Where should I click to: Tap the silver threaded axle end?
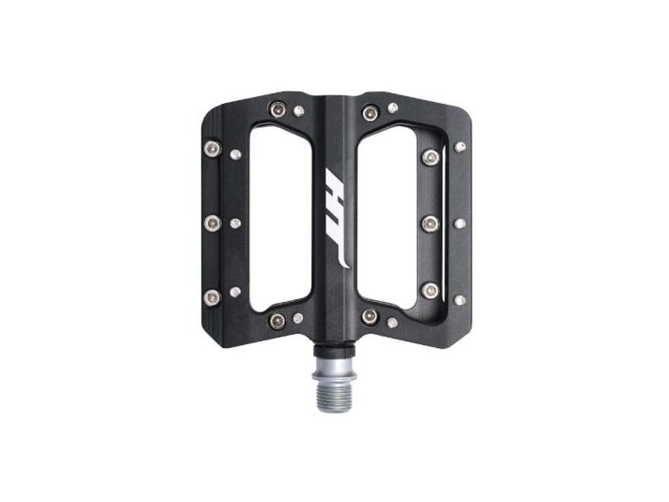[x=334, y=379]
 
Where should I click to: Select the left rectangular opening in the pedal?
[x=281, y=216]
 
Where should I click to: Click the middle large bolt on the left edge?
[x=213, y=222]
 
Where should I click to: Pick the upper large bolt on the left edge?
[x=212, y=149]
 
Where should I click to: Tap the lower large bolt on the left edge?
[x=212, y=297]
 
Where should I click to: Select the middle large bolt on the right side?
[x=430, y=223]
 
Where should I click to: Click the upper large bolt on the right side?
[x=430, y=157]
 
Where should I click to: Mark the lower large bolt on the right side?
[x=430, y=290]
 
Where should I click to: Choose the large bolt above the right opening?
[x=370, y=113]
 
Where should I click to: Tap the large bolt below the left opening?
[x=277, y=321]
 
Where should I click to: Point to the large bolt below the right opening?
[x=370, y=317]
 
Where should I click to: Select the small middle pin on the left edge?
[x=235, y=223]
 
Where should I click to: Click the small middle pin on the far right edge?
[x=459, y=223]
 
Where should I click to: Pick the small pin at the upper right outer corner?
[x=460, y=147]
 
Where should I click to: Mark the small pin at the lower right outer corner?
[x=459, y=300]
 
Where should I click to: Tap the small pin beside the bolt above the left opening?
[x=299, y=111]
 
